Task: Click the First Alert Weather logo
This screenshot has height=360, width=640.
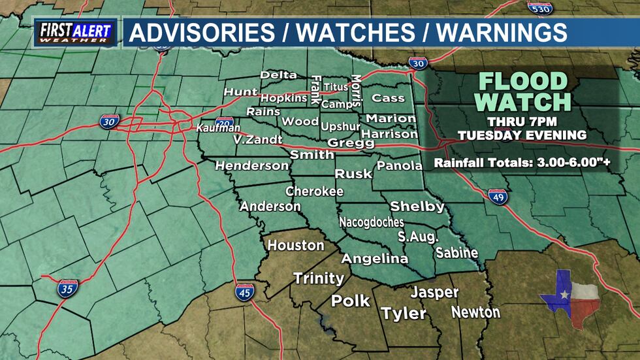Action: click(x=76, y=33)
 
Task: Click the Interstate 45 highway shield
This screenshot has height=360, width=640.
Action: click(x=245, y=292)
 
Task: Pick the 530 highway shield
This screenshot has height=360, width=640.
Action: click(x=539, y=8)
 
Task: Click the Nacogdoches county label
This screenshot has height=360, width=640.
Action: click(x=371, y=222)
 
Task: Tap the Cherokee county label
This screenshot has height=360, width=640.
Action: click(x=314, y=191)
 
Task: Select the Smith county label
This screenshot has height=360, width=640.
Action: click(x=312, y=155)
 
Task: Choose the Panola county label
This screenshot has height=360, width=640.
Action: click(x=400, y=166)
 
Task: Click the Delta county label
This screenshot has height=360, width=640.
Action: click(x=278, y=75)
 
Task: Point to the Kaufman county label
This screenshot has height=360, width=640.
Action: click(x=218, y=129)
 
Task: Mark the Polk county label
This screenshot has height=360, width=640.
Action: click(x=351, y=301)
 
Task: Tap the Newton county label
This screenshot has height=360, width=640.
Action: click(x=475, y=312)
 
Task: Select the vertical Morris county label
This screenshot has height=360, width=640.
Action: click(x=356, y=90)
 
